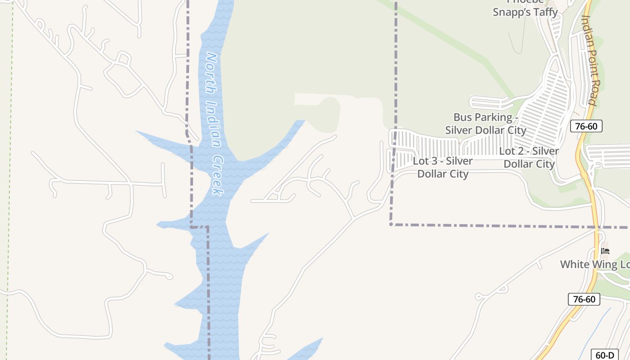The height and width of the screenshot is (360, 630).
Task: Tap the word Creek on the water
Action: pyautogui.click(x=217, y=175)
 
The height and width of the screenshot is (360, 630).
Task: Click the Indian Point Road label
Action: pyautogui.click(x=589, y=60)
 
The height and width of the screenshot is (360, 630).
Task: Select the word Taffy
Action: pyautogui.click(x=543, y=13)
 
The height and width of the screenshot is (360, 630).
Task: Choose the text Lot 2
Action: pyautogui.click(x=510, y=151)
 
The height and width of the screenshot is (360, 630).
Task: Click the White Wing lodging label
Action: pyautogui.click(x=594, y=264)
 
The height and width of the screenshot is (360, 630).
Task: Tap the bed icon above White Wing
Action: pyautogui.click(x=605, y=251)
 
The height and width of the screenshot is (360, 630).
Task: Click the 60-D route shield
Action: pyautogui.click(x=604, y=355)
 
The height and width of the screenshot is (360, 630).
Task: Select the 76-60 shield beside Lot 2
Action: pyautogui.click(x=586, y=126)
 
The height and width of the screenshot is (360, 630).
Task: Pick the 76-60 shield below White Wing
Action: pyautogui.click(x=584, y=299)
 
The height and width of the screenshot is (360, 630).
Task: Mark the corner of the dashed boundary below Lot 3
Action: pyautogui.click(x=391, y=224)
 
